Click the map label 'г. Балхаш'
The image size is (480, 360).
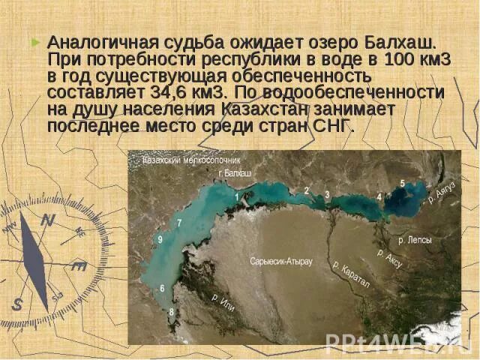click(x=234, y=172)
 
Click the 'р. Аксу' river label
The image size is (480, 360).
click(x=391, y=259)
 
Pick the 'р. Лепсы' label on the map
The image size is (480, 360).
click(x=414, y=240)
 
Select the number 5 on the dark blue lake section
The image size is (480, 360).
click(x=402, y=184)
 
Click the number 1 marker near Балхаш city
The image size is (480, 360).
click(x=237, y=196)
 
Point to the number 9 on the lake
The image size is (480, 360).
click(x=160, y=239)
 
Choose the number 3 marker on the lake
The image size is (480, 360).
click(x=327, y=195)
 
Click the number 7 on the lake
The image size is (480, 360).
click(x=179, y=223)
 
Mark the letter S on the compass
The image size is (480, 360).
click(x=16, y=304)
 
